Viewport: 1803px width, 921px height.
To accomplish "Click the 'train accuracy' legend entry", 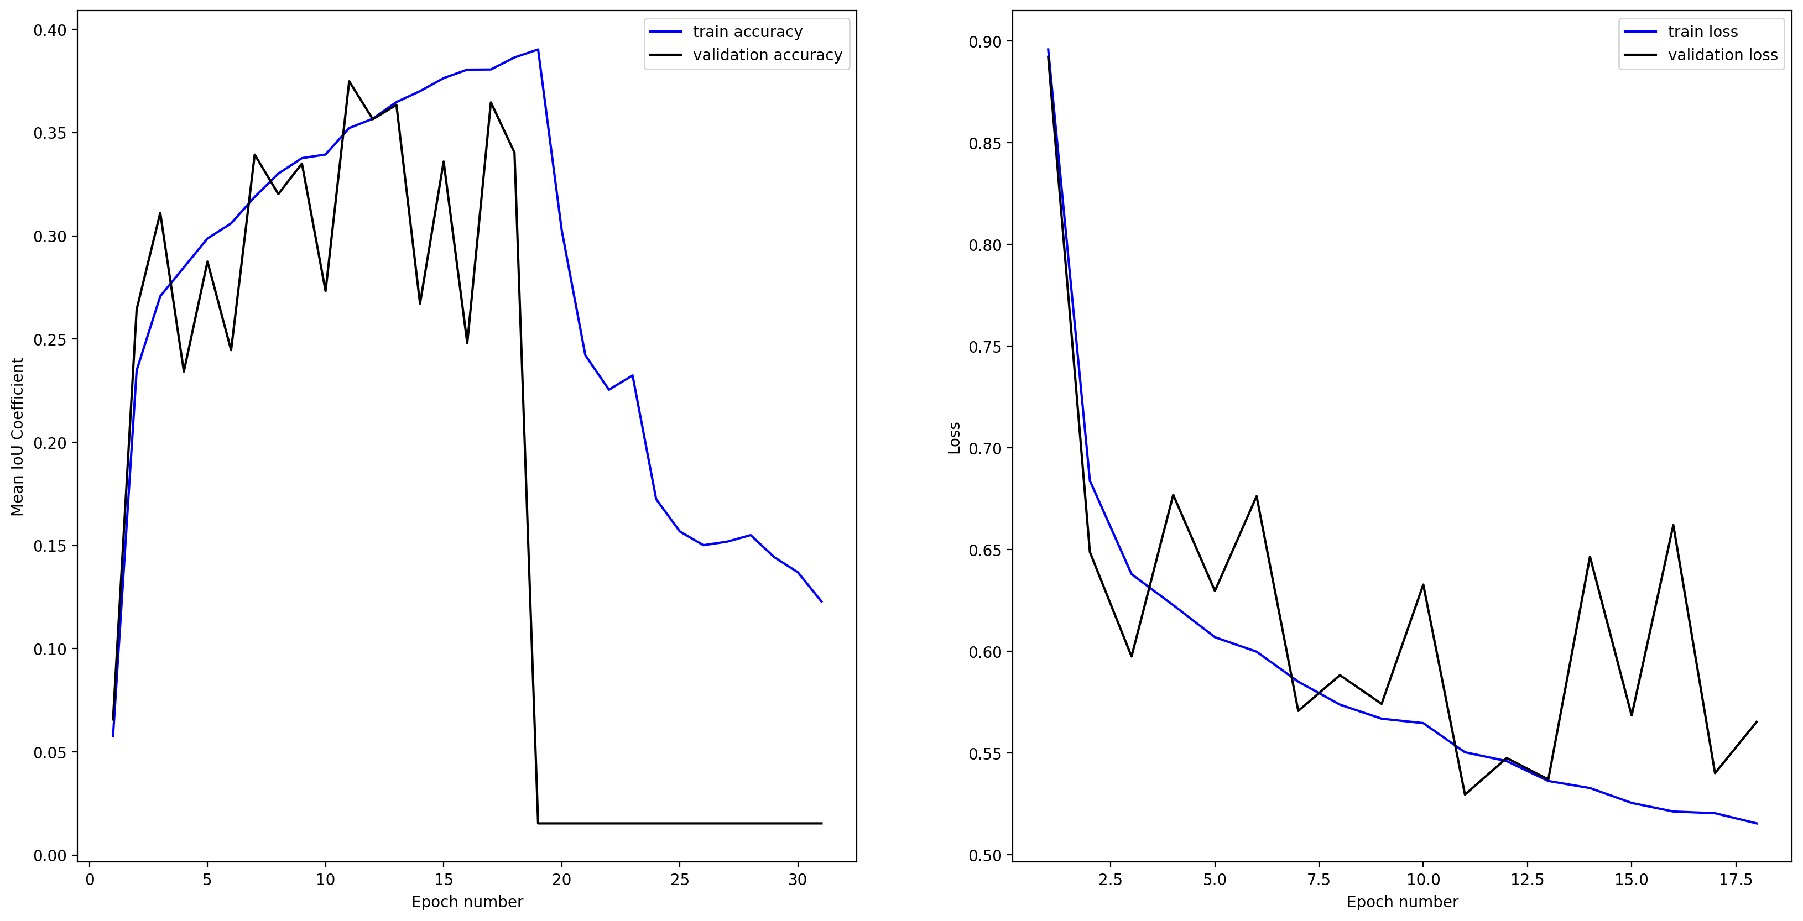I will [747, 32].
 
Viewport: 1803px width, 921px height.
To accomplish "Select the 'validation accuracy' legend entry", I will [767, 55].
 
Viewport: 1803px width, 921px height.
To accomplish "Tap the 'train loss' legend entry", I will [1702, 32].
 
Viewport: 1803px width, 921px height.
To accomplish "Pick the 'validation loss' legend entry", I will [1722, 55].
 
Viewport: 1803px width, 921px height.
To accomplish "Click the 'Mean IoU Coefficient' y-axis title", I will [18, 437].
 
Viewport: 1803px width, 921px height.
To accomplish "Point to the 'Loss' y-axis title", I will [954, 438].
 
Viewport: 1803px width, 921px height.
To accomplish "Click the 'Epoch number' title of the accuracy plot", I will [467, 902].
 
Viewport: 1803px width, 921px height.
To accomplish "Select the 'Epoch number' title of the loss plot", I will [1402, 902].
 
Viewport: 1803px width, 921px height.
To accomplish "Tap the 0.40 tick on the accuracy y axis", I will [50, 30].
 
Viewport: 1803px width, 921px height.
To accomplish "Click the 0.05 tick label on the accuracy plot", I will [50, 752].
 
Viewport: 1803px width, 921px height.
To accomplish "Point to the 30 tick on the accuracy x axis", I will [797, 880].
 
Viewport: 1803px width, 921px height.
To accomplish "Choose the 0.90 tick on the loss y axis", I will [985, 42].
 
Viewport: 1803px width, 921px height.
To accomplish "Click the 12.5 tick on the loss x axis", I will [1527, 880].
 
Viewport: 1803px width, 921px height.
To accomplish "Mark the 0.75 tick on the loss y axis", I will [985, 347].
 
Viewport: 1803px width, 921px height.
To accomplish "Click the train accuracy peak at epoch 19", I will [538, 49].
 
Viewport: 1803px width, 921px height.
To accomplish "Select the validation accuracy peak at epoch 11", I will [348, 81].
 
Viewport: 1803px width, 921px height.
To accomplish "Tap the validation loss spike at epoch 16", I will [1673, 525].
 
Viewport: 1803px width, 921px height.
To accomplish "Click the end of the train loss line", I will [1757, 824].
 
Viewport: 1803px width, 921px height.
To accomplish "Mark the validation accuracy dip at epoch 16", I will [467, 343].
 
